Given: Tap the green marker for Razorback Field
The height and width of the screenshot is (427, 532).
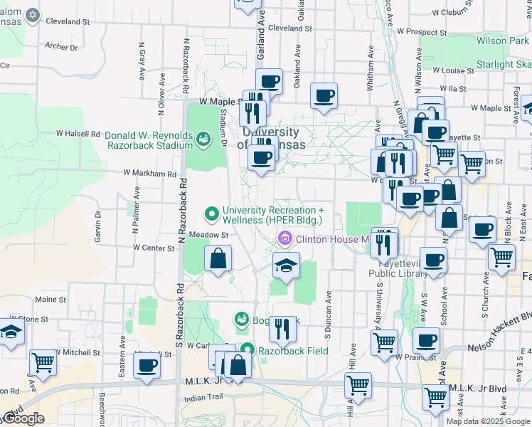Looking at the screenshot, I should pos(247,350).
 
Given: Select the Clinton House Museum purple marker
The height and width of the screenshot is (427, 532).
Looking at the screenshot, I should pos(286,239).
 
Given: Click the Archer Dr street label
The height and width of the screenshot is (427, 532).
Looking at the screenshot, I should pos(60,47).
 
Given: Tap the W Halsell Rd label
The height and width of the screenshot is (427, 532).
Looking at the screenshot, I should pos(78,133).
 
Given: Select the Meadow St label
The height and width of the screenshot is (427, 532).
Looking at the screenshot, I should pos(208,234).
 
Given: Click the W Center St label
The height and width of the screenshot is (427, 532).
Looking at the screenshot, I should pos(154,248).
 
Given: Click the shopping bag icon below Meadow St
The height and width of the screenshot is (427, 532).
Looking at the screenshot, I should pos(218,258).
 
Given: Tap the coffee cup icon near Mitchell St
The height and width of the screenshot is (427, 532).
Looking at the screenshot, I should pos(147,365).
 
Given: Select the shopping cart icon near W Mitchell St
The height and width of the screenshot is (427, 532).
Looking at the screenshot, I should pos(43,362).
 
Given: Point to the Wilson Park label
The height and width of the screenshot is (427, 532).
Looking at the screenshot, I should pos(502,41).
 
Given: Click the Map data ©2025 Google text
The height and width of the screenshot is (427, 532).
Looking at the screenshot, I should pos(488,421).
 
